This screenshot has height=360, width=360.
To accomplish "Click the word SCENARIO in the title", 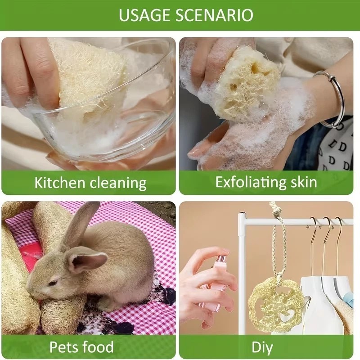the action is pos(215,15).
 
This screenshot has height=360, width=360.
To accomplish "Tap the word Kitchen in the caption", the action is pos(60,183).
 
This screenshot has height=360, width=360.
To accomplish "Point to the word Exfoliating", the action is pos(251,183).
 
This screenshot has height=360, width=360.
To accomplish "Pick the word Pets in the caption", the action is pos(63,346).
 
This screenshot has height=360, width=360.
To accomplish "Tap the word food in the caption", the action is pos(98,346).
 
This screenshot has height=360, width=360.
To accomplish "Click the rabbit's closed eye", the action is pos(53,283).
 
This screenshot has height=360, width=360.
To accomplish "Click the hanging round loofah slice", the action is pos(274,304).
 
